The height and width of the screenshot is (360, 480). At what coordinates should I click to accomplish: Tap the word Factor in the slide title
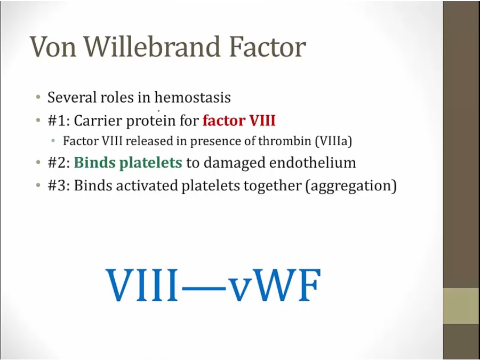point(267,47)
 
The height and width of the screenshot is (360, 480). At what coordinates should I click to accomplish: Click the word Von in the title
point(53,47)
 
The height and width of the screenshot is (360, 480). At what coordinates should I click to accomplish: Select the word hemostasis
point(193,98)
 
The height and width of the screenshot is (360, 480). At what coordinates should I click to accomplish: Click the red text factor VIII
point(239,121)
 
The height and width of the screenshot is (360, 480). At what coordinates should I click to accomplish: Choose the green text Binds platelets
point(128,163)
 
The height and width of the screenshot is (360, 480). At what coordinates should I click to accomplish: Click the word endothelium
point(313,163)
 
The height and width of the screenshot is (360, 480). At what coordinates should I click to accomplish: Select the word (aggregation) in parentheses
point(351,186)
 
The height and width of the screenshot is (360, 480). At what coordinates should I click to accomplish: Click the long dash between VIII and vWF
point(204,289)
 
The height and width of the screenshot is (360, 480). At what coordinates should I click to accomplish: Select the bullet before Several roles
point(38,98)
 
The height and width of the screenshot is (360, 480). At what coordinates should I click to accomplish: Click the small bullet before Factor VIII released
point(53,141)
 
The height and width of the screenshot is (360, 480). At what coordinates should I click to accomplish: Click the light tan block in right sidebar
point(461,306)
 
